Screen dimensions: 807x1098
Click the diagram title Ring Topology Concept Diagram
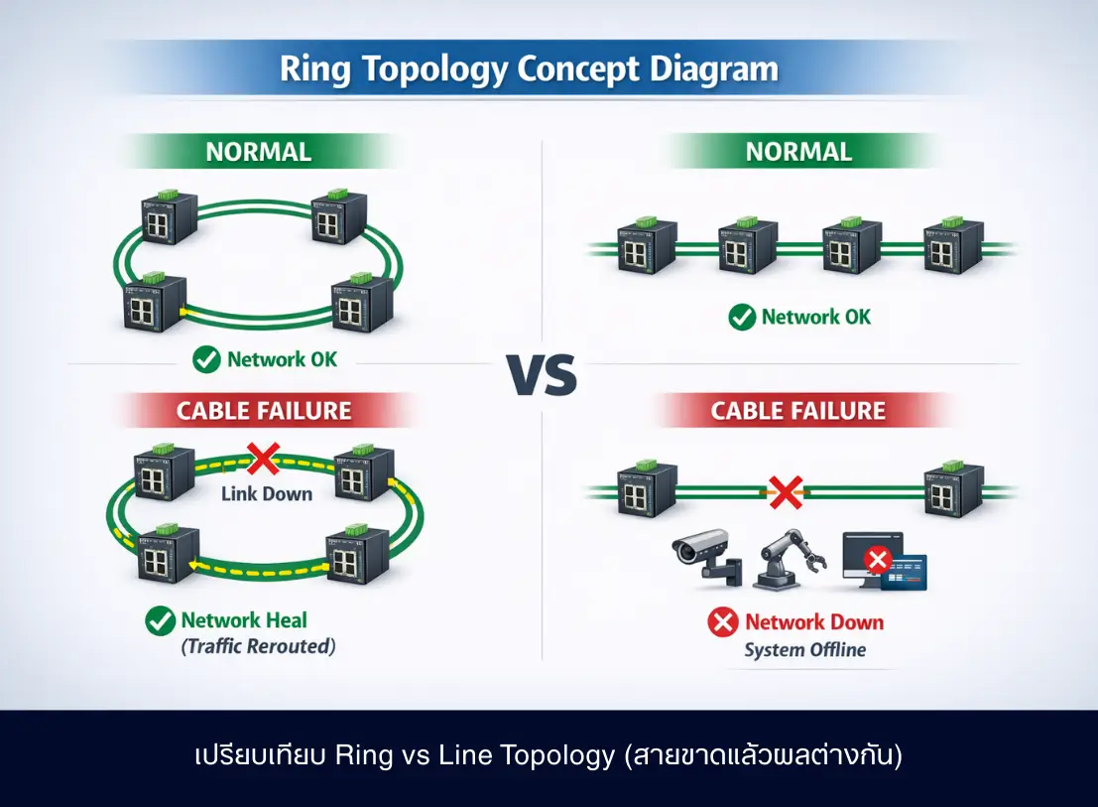click(529, 69)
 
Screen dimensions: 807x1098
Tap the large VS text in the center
click(542, 377)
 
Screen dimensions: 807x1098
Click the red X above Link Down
click(263, 459)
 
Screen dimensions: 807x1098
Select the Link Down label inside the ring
click(267, 493)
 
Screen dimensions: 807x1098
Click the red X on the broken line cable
click(786, 490)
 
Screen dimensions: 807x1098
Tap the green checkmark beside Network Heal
click(160, 621)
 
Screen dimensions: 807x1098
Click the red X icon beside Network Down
click(723, 622)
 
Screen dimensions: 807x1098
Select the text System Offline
click(804, 651)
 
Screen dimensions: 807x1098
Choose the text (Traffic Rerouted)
click(258, 646)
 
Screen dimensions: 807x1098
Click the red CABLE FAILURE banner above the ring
click(264, 410)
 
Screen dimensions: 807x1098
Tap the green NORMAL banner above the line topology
click(798, 151)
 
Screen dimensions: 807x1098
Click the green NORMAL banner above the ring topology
click(258, 152)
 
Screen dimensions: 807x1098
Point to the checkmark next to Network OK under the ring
click(206, 359)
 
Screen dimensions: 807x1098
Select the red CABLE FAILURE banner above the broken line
click(797, 410)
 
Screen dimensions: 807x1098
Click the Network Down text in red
click(813, 622)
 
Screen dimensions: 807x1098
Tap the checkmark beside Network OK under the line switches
click(741, 318)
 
